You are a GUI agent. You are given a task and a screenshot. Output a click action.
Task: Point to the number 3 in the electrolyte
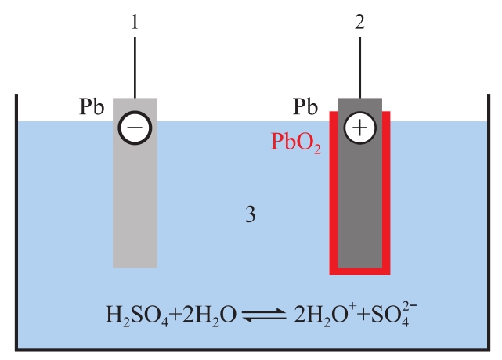point(250,214)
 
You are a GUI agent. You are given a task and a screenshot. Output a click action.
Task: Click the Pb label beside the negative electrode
point(92,107)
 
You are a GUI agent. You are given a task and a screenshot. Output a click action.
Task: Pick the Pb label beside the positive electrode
point(306,106)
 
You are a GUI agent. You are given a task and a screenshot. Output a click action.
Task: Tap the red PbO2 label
point(296,142)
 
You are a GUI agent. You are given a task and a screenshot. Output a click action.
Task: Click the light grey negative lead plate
point(135,203)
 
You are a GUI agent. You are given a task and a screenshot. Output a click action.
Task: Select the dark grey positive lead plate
point(359,203)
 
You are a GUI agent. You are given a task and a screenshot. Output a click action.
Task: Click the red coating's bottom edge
point(359,272)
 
